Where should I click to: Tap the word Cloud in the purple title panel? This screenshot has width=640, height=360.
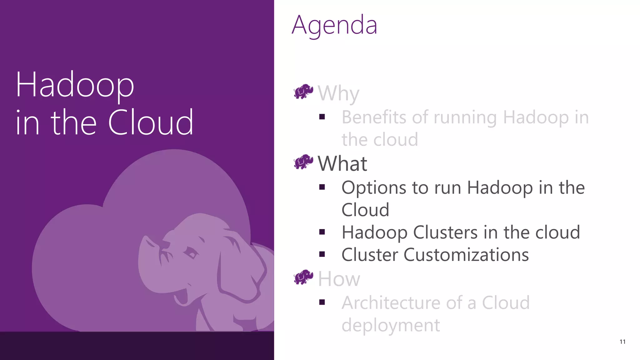coord(151,122)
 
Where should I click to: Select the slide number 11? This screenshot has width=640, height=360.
coord(622,342)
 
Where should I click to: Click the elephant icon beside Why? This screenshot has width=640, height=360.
coord(303,92)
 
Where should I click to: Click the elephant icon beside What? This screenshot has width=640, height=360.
coord(303,162)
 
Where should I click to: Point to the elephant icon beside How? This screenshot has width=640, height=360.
coord(303,277)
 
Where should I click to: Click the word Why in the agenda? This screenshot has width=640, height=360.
coord(338,93)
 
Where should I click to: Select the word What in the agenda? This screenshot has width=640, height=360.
coord(342,163)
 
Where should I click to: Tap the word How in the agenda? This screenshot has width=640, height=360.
coord(339,279)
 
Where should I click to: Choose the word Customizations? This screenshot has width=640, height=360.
coord(466,255)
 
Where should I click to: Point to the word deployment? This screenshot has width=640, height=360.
coord(390,325)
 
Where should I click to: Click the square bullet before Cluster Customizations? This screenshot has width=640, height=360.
coord(322,254)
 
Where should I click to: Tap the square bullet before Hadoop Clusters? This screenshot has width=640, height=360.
coord(322,232)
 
